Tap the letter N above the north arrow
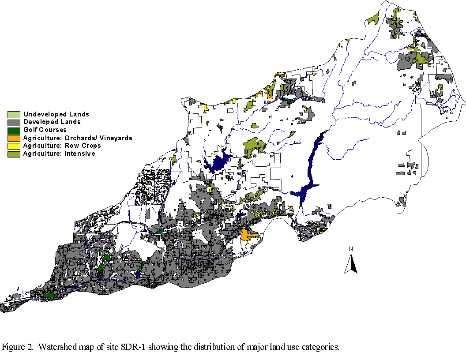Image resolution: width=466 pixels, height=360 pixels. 351,249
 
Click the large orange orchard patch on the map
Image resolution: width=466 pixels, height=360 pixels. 247,235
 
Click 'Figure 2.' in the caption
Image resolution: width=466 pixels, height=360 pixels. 18,347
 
